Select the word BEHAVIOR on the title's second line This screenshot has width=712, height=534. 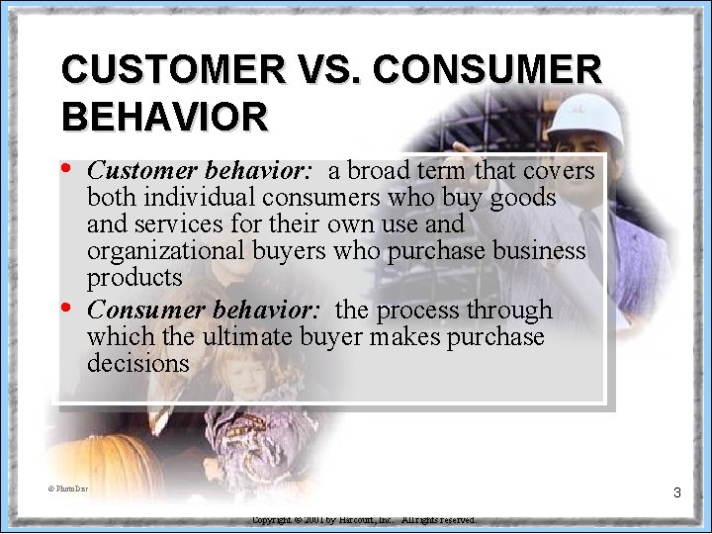(x=164, y=117)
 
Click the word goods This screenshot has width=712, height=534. (x=523, y=198)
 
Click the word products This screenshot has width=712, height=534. (x=134, y=278)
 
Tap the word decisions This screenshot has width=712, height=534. (x=137, y=363)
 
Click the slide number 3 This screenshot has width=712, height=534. (x=676, y=491)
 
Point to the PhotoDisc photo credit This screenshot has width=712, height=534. (x=70, y=488)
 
